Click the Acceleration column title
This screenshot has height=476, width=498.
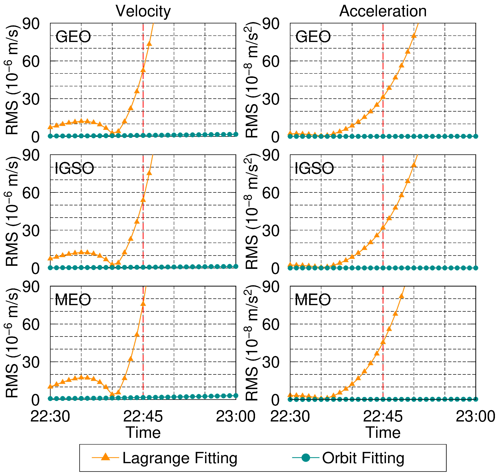point(383,12)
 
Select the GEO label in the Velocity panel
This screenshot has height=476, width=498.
point(73,37)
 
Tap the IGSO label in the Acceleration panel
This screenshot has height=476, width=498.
point(314,168)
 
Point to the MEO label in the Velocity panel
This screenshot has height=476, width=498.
point(73,300)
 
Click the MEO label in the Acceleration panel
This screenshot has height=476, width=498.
point(313,300)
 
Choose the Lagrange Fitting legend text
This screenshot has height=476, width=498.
point(180,458)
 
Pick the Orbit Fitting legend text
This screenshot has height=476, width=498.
point(363,458)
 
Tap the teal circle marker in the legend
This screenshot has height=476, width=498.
point(306,457)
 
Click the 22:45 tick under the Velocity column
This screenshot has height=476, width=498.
point(143,416)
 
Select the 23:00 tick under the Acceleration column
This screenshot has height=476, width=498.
point(475,416)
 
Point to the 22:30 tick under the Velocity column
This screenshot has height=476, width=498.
point(50,416)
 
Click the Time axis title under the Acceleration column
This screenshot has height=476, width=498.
point(383,433)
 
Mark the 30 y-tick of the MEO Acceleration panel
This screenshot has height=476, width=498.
point(271,362)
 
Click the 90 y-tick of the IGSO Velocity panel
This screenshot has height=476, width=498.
point(31,155)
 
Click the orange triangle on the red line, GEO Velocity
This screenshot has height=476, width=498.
point(143,70)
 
